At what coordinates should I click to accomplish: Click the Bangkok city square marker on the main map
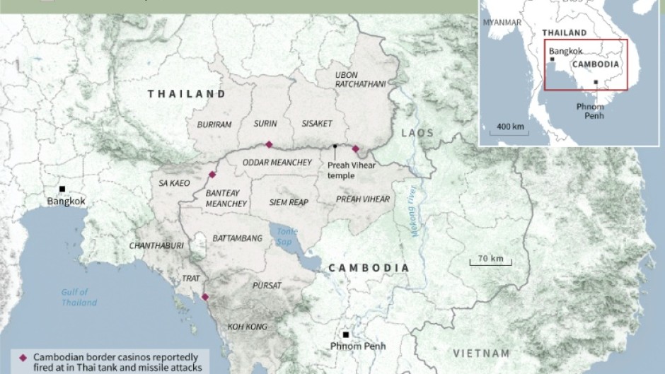[62, 189]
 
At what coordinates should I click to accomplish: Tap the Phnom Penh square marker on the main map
[345, 334]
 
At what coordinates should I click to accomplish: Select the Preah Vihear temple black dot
[335, 146]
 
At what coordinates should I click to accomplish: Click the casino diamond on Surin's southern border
[269, 144]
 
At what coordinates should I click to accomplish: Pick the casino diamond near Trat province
[205, 297]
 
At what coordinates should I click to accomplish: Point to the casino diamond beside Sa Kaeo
[212, 175]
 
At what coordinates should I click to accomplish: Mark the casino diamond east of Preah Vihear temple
[355, 148]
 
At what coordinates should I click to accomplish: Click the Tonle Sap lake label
[287, 236]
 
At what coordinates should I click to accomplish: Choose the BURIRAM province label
[214, 124]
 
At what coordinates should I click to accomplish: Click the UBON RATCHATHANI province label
[360, 79]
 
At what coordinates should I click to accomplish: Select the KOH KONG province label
[247, 327]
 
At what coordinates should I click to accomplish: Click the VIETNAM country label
[482, 353]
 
